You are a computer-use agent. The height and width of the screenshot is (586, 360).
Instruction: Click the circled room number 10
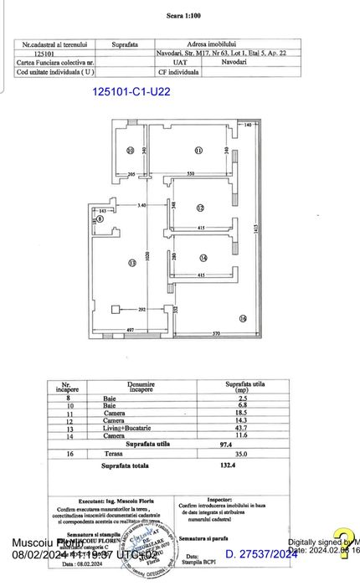[130, 151]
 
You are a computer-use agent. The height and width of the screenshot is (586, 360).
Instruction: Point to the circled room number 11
[198, 151]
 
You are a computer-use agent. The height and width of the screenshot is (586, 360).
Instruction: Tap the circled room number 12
[201, 208]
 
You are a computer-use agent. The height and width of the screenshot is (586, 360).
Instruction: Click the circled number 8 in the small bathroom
[100, 219]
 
